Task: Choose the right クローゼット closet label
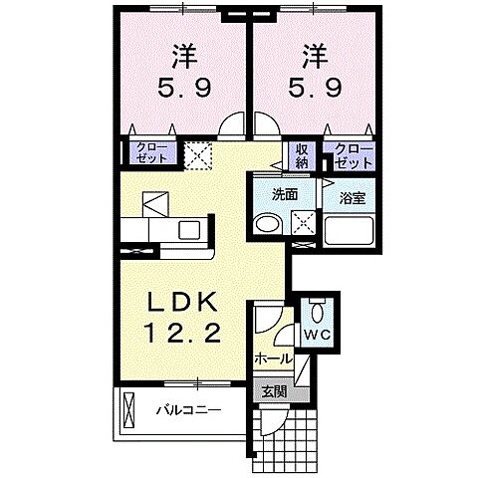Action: tap(354, 154)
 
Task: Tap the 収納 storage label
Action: tap(302, 154)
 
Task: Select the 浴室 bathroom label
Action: tap(352, 196)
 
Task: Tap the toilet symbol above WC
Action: tap(317, 306)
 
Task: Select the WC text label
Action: tap(318, 335)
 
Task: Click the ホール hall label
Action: tap(273, 358)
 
